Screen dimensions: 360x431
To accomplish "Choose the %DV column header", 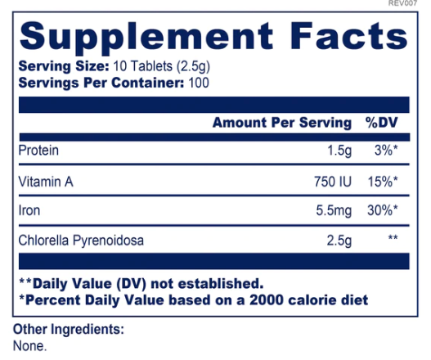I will click(381, 124).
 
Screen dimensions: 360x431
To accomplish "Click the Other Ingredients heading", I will click(69, 330).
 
